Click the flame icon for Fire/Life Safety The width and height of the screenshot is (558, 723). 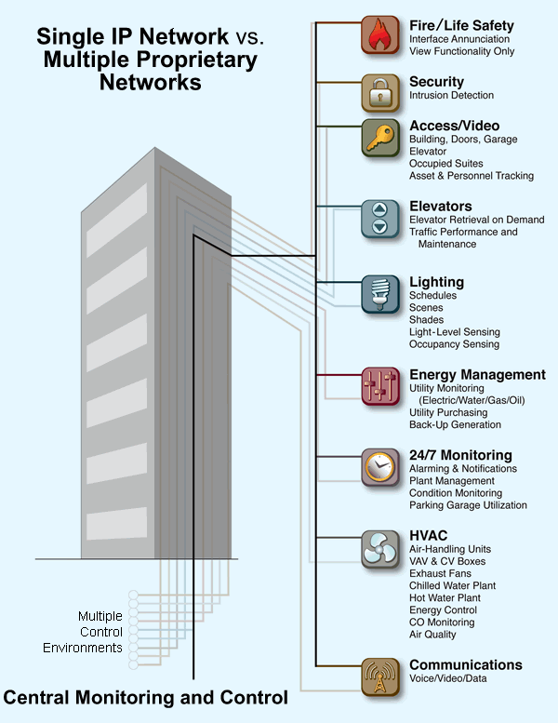379,35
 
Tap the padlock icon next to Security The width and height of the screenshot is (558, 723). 379,93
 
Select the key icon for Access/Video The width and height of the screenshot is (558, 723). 379,137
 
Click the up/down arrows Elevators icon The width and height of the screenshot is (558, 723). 379,219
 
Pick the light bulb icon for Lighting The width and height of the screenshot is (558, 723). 379,293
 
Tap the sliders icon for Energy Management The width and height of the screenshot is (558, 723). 379,386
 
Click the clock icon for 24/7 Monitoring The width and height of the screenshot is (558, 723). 379,467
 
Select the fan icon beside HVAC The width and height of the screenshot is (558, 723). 379,548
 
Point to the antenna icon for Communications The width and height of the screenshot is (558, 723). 379,676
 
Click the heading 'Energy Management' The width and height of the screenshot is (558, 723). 477,375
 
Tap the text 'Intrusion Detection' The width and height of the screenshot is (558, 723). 451,96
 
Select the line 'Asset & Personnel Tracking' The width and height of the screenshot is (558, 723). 472,176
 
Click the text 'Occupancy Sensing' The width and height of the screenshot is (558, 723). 454,344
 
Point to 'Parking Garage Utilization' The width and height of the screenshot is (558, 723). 468,505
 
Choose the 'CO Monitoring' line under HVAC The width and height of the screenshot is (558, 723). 442,623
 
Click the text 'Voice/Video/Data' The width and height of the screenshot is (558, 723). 447,679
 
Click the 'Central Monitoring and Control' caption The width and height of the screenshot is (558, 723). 146,697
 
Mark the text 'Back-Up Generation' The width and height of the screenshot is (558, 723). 455,425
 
